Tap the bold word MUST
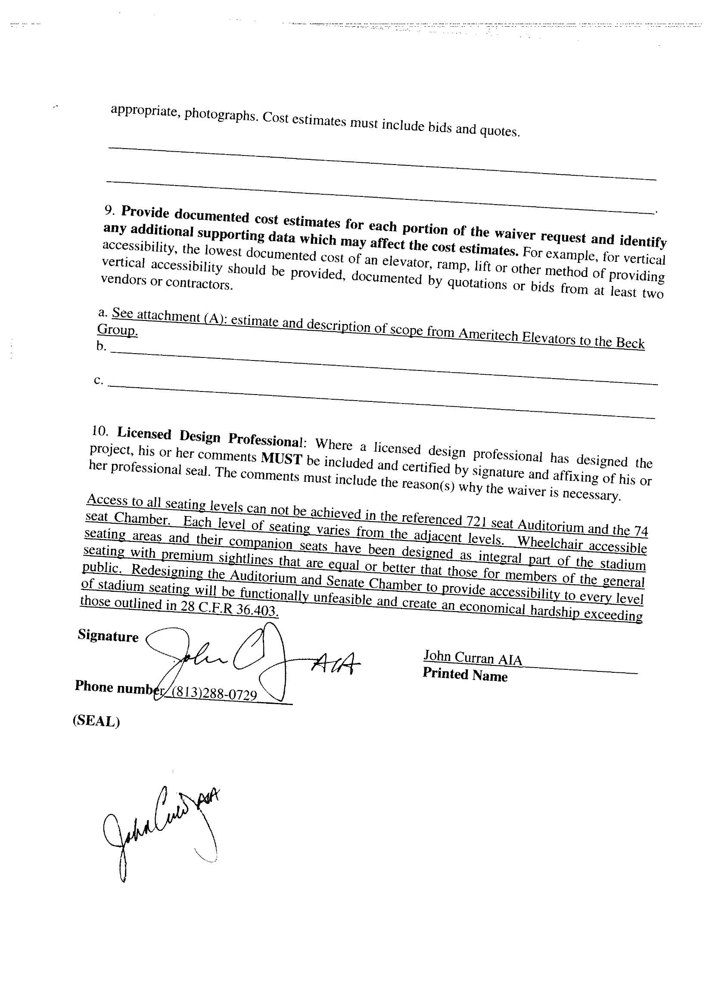(281, 459)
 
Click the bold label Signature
(108, 636)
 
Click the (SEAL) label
(96, 721)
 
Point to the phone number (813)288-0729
(214, 695)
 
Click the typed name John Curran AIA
(473, 658)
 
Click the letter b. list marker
(101, 346)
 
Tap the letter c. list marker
(99, 380)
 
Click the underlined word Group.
(117, 330)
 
